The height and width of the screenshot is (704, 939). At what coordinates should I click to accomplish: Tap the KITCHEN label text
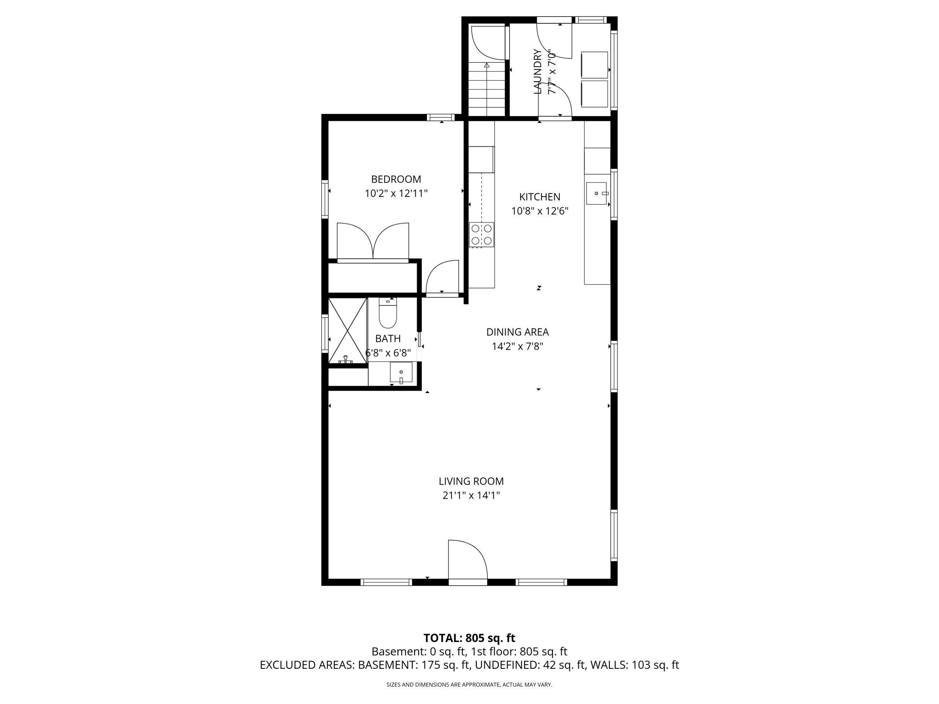(540, 197)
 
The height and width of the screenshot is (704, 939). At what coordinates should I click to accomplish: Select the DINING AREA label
(518, 332)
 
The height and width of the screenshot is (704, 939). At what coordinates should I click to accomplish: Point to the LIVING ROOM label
(471, 481)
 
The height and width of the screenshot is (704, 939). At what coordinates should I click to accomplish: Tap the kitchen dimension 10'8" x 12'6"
(540, 211)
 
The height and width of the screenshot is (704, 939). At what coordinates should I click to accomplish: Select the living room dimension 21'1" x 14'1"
(471, 495)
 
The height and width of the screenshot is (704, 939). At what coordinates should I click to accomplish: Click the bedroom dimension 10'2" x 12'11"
(396, 194)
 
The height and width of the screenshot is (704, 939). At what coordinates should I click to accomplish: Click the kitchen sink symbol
(596, 194)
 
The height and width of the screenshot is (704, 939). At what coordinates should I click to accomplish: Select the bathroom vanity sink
(401, 372)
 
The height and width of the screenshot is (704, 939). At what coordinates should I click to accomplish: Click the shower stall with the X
(348, 331)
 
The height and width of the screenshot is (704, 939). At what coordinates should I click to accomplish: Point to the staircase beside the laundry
(487, 89)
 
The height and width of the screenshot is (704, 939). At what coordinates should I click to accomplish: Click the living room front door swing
(468, 559)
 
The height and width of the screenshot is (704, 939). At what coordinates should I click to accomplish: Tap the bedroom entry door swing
(442, 277)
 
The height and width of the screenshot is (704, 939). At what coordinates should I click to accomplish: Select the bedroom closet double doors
(373, 241)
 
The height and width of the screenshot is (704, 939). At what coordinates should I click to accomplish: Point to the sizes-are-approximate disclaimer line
(469, 685)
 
